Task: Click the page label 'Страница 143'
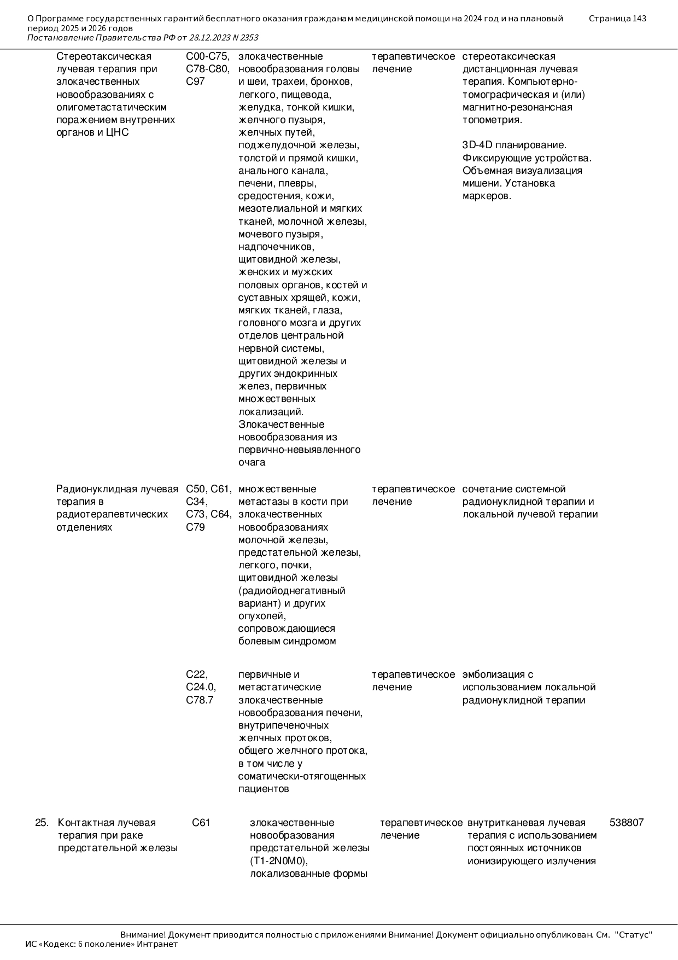click(617, 19)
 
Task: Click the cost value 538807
click(626, 823)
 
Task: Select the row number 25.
click(42, 823)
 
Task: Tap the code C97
click(195, 82)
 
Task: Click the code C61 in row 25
click(201, 823)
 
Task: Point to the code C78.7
click(200, 700)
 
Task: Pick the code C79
click(195, 527)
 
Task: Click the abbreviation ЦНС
click(117, 133)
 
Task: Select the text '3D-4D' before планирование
click(477, 146)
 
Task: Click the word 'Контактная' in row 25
click(83, 823)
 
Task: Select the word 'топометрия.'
click(492, 120)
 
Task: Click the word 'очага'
click(252, 463)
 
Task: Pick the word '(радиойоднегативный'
click(291, 591)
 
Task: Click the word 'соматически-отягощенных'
click(302, 776)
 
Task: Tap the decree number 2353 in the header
click(249, 38)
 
